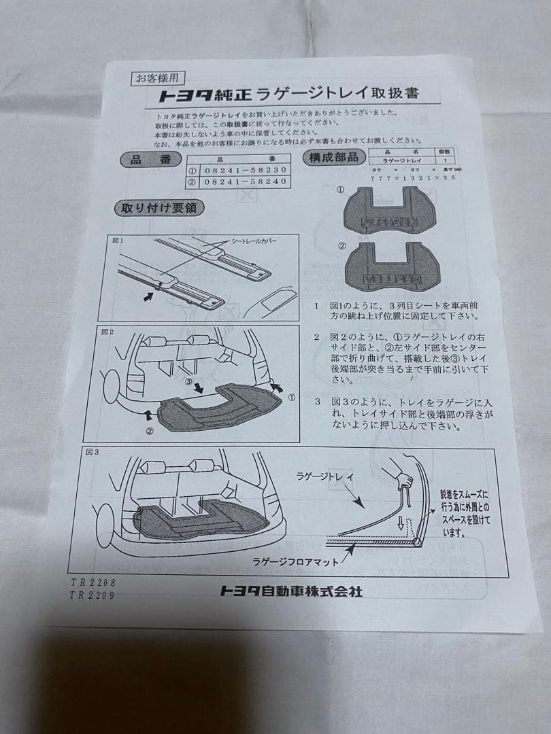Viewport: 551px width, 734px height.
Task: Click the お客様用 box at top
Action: pyautogui.click(x=158, y=77)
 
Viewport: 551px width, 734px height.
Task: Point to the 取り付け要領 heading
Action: pyautogui.click(x=162, y=208)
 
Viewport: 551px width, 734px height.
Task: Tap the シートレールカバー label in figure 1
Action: pyautogui.click(x=254, y=241)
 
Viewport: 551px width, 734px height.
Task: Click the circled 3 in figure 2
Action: pyautogui.click(x=190, y=383)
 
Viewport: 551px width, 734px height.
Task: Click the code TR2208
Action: pyautogui.click(x=93, y=582)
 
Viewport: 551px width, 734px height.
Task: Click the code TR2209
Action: pyautogui.click(x=93, y=595)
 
